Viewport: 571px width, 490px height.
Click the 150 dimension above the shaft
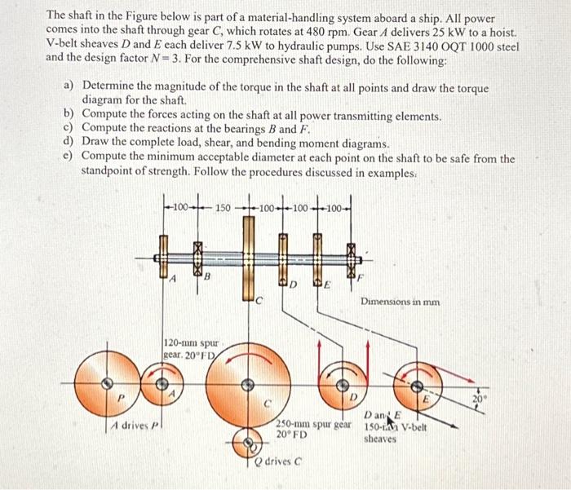(222, 207)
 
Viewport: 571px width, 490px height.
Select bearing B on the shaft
(197, 259)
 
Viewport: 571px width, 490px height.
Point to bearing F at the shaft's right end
(352, 259)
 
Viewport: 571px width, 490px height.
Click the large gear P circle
(104, 383)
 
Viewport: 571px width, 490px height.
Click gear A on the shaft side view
(164, 259)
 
